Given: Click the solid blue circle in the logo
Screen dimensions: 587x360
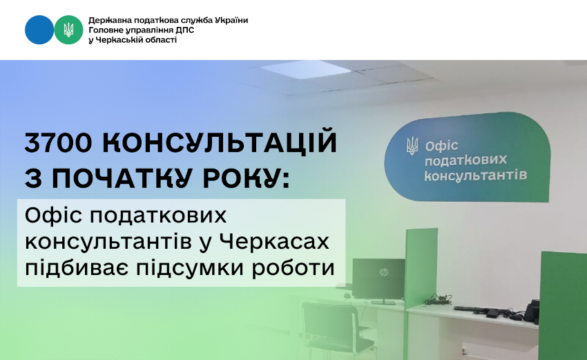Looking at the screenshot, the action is pos(39,30).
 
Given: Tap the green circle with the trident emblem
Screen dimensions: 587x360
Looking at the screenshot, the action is pos(68,30).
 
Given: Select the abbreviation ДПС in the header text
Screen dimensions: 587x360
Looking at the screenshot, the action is pos(185,30).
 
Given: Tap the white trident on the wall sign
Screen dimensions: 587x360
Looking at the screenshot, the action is pos(412,146).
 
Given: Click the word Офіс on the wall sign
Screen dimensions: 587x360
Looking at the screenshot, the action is pos(441,146).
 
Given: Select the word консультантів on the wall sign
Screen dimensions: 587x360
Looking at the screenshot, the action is pos(475,175).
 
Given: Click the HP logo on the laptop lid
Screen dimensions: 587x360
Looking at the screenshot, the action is pos(383,272).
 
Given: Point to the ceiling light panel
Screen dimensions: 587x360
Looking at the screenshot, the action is pos(300,69).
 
